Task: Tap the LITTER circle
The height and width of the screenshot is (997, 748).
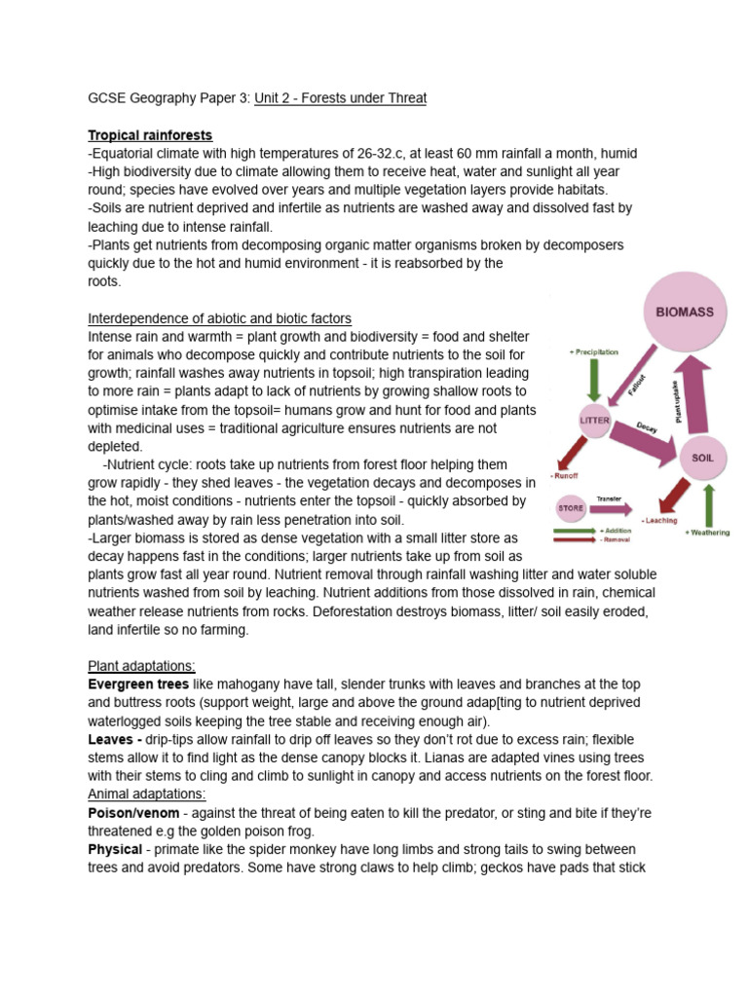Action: pyautogui.click(x=595, y=418)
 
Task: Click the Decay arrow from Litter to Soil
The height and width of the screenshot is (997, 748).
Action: pyautogui.click(x=650, y=434)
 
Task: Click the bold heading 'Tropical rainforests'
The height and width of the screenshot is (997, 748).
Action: pyautogui.click(x=150, y=135)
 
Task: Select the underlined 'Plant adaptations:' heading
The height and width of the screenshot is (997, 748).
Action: pyautogui.click(x=141, y=666)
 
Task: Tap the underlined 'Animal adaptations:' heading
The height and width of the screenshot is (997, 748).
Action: pyautogui.click(x=146, y=794)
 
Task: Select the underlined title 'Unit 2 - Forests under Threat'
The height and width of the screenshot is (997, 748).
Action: pyautogui.click(x=340, y=98)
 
